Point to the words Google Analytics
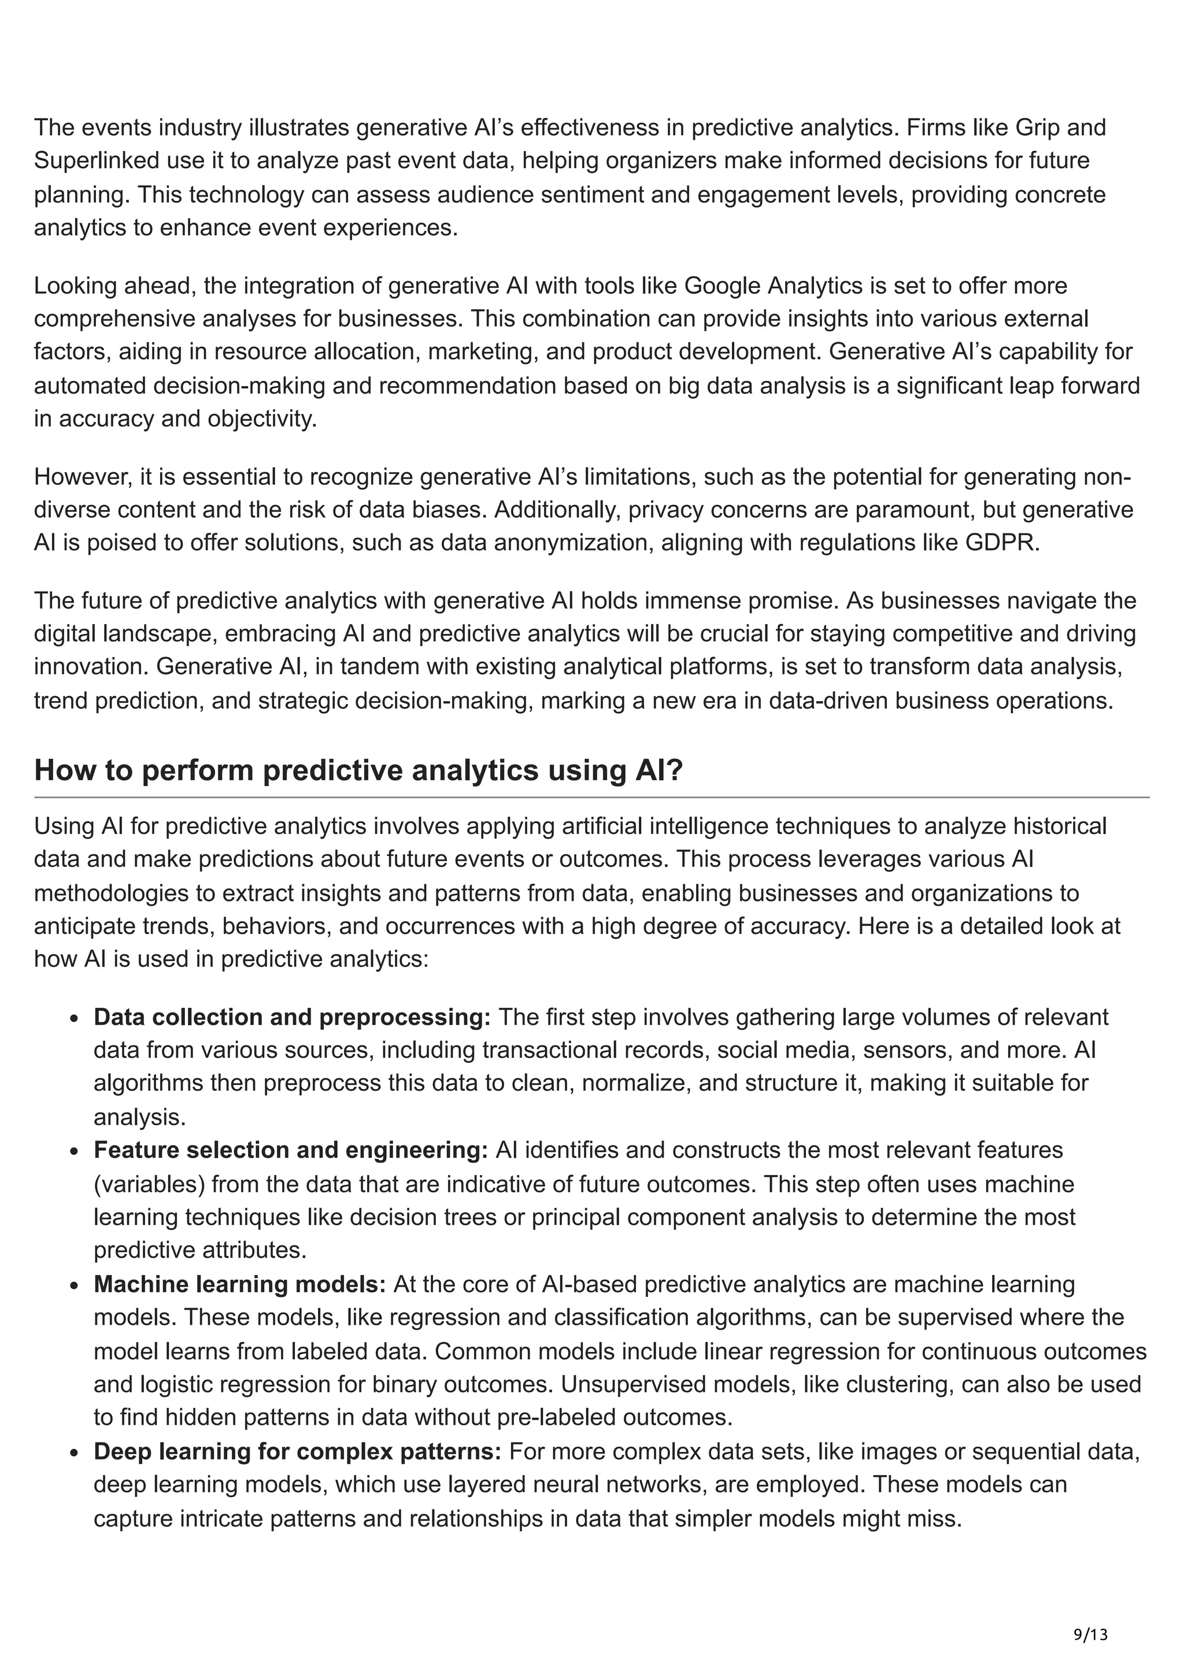tap(774, 286)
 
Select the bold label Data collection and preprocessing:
tap(292, 1017)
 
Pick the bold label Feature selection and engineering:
tap(290, 1150)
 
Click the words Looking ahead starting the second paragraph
tap(113, 286)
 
